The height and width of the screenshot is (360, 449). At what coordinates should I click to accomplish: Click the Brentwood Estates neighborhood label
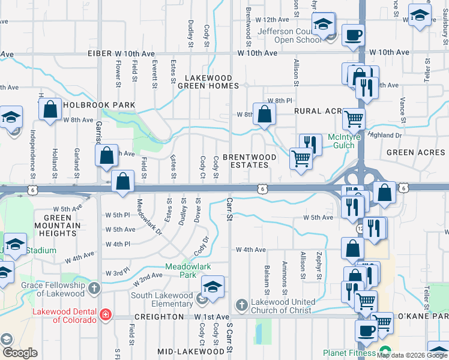[x=250, y=161]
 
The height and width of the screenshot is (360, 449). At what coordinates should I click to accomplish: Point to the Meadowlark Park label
[x=181, y=271]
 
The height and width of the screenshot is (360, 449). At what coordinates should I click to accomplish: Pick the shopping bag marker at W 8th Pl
[x=264, y=114]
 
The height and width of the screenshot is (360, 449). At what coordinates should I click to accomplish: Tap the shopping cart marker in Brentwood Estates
[x=301, y=159]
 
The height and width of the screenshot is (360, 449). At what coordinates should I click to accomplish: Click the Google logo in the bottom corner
[x=19, y=353]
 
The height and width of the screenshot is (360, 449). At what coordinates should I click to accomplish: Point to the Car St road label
[x=229, y=209]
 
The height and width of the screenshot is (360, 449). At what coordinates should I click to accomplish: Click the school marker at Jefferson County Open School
[x=324, y=25]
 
